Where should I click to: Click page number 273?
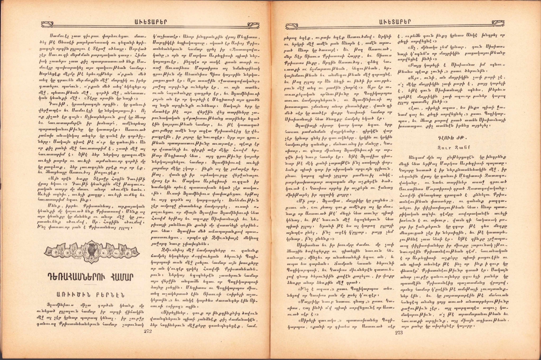coord(399,332)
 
